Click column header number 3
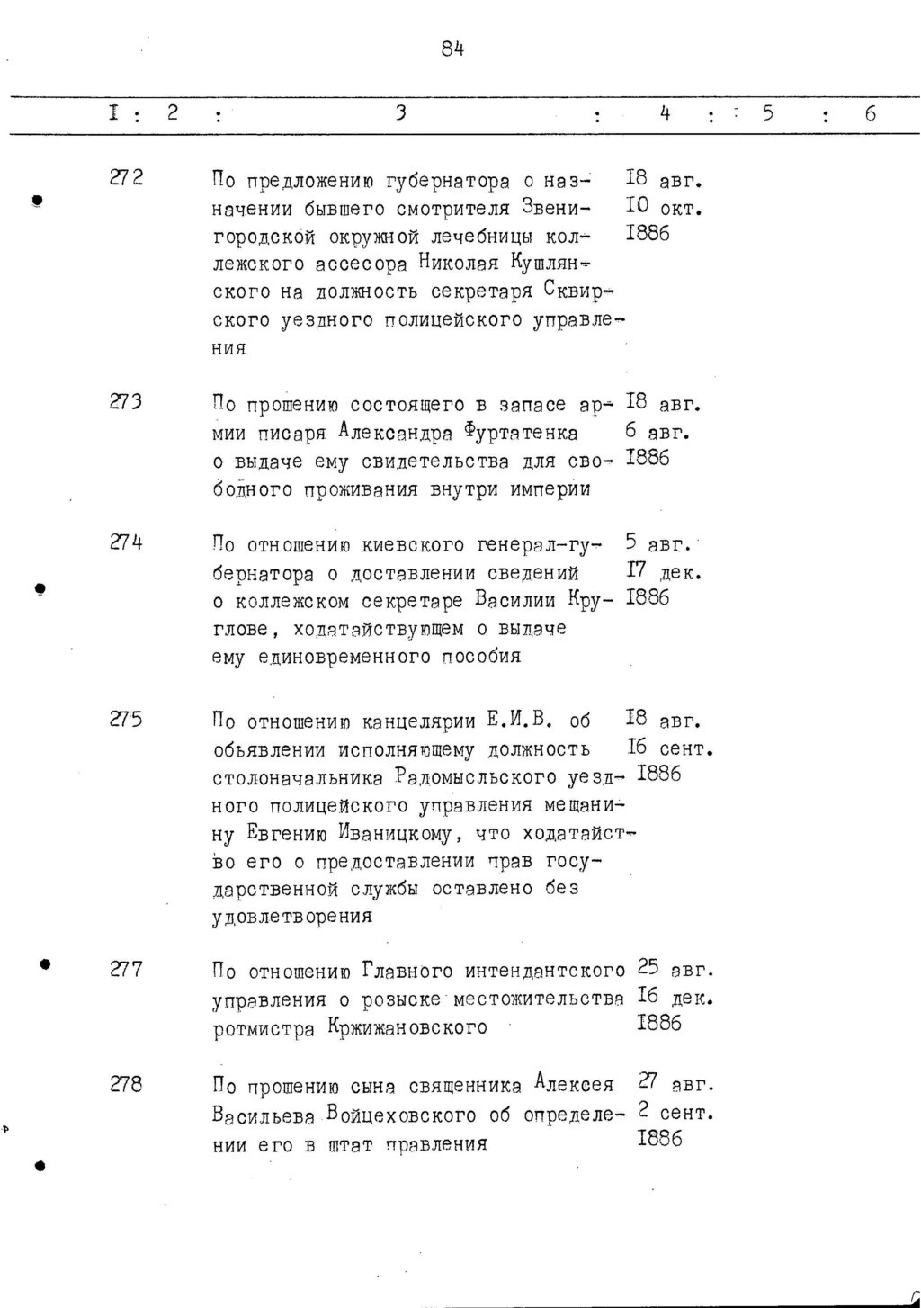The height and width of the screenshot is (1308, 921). coord(401,113)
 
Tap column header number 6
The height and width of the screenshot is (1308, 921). coord(871,114)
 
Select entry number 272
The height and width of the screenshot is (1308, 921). coord(126,178)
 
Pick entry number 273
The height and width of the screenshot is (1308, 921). coord(126,402)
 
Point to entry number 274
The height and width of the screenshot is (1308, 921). coord(126,542)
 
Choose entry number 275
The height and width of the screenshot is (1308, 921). coord(126,719)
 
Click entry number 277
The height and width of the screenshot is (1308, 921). coord(126,969)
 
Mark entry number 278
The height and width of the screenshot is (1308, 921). coord(126,1084)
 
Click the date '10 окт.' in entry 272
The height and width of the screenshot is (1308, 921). coord(663,209)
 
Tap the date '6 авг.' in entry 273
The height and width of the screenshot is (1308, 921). coord(657,432)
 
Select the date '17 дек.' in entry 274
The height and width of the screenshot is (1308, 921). coord(664,571)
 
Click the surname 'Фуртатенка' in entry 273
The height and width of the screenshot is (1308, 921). coord(522,434)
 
